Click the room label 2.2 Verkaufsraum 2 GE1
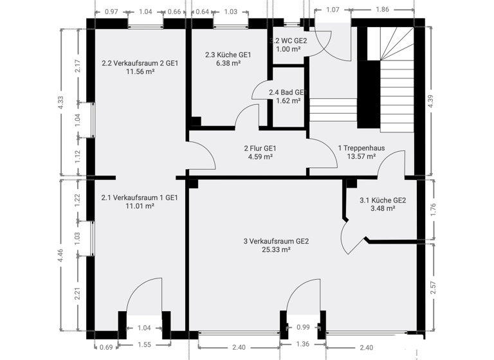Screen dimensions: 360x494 tap(140, 63)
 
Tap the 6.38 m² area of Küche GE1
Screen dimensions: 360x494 tap(228, 64)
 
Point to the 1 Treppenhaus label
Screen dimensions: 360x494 tap(361, 147)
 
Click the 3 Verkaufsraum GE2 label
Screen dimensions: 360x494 tap(276, 241)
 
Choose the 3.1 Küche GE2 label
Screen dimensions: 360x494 tap(382, 200)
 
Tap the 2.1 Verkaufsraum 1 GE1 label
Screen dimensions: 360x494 tap(140, 197)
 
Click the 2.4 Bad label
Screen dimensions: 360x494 tap(285, 92)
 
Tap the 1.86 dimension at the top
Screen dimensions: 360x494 tap(381, 10)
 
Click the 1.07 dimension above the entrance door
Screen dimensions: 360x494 tap(333, 10)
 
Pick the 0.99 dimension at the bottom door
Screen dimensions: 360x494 tap(304, 327)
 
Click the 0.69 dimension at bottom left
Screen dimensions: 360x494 tap(107, 347)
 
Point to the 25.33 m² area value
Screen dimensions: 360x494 tap(276, 250)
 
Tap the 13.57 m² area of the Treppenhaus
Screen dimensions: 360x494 tap(361, 156)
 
